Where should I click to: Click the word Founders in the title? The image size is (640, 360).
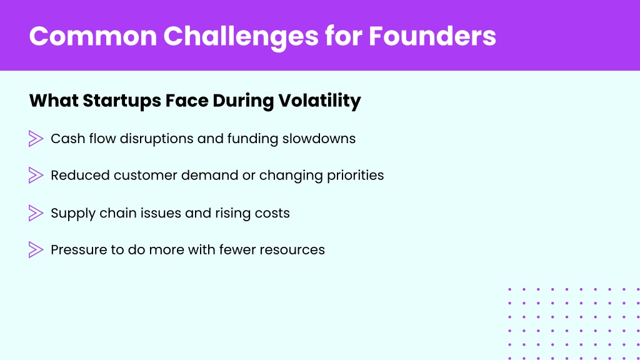pos(432,36)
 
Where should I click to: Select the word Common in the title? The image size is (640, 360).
pos(93,36)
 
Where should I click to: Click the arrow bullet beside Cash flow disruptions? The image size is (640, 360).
pos(36,139)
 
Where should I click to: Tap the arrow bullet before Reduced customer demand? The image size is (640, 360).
pos(36,176)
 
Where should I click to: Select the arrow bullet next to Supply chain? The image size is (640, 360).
pos(36,213)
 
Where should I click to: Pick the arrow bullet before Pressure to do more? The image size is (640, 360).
pos(36,250)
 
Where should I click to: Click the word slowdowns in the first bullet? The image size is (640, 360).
pos(319,139)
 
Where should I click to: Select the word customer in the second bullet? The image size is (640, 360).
pos(145,176)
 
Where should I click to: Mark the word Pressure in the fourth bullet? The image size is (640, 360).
pos(79,250)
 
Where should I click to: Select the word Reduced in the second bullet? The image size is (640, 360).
pos(81,176)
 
